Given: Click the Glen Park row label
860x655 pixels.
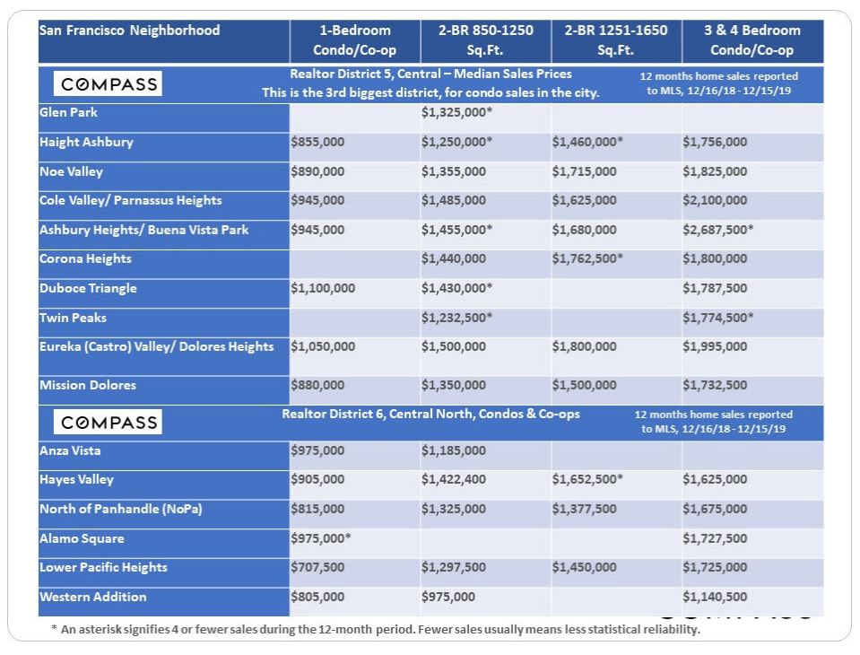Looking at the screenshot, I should pos(69,113).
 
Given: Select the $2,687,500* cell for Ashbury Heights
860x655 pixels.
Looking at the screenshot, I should pos(717,230).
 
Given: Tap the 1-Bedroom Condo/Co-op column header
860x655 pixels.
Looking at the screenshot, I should pos(354,40).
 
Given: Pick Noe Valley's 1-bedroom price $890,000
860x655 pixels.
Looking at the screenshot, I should pos(317,171).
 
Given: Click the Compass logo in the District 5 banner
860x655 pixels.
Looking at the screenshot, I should pos(109,84).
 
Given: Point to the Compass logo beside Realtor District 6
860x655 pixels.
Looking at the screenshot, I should pos(109,422).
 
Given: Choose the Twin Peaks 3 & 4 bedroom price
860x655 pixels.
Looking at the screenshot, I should pos(717,318).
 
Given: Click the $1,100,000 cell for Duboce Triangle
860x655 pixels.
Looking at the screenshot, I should pos(323,288).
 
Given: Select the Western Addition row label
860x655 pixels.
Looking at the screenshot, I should pos(93,597).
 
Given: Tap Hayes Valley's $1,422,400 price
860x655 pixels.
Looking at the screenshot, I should pos(454,480).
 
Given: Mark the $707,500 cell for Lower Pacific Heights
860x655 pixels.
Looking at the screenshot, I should pos(317,567).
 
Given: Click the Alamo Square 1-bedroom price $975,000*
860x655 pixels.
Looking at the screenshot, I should pos(321,538).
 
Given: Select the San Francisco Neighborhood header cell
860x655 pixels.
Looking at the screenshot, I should pos(129,31).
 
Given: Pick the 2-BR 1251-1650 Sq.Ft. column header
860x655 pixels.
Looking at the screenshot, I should pos(615,40).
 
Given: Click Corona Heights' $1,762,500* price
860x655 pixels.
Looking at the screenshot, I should pos(587,258).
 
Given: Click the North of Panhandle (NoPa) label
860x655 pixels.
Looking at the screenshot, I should pos(121,509).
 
